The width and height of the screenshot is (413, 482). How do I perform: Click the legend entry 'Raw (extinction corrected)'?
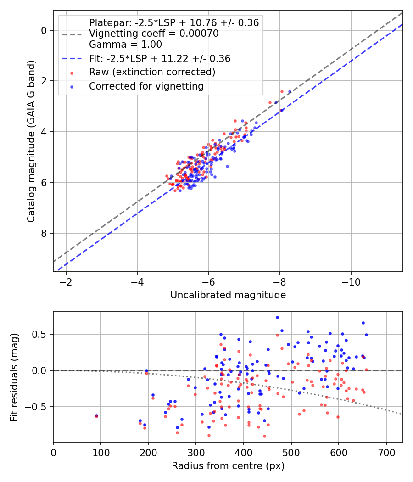pos(152,72)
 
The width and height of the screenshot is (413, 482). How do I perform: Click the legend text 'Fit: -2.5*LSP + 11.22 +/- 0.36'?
pos(159,58)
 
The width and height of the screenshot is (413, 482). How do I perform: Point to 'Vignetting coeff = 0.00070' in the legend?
pos(153,34)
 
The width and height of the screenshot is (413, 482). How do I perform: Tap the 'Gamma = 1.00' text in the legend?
pos(125,45)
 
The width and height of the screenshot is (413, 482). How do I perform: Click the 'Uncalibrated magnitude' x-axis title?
pos(228,295)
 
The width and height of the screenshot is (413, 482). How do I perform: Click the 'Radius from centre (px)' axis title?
pos(228,466)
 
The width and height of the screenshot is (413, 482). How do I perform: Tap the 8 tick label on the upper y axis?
pos(44,233)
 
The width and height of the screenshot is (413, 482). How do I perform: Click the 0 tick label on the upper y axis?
pos(44,30)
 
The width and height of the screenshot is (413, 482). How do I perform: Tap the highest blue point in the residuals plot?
pos(277,317)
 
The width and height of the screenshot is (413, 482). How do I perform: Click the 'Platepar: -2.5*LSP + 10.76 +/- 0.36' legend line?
pos(173,22)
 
